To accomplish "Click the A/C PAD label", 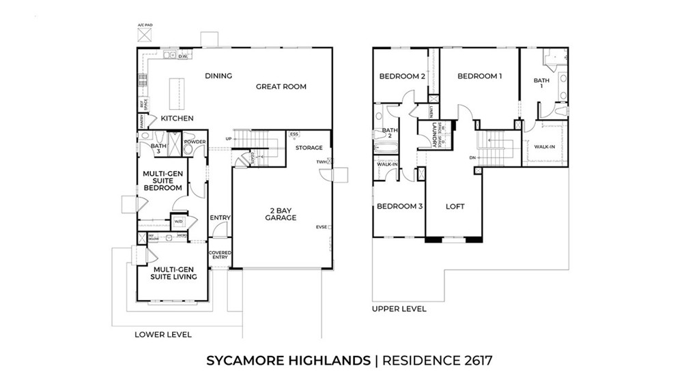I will [x=145, y=25].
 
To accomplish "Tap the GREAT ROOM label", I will [x=281, y=87].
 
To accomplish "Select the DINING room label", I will [x=218, y=76].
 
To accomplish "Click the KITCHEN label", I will [x=177, y=119].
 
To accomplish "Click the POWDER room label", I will [x=195, y=142].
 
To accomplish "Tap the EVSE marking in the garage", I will [x=321, y=227].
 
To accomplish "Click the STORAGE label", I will [x=309, y=147].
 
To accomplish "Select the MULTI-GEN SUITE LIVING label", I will [x=174, y=273].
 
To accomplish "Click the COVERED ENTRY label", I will [x=220, y=256].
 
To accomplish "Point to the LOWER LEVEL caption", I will [x=163, y=335].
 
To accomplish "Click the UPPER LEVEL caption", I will [x=399, y=309].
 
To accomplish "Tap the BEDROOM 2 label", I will [x=403, y=76].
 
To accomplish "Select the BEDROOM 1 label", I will [x=480, y=76].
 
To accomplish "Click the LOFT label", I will [x=455, y=207].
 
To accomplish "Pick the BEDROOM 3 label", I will [x=399, y=207].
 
